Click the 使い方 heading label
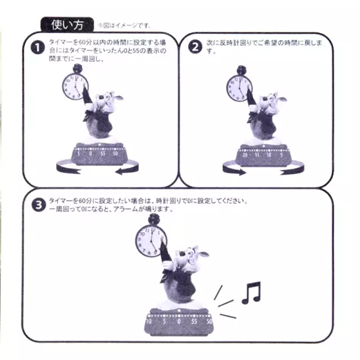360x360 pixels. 66,26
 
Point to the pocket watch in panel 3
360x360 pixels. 149,240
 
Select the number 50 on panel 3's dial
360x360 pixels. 209,321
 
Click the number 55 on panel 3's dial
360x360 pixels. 195,321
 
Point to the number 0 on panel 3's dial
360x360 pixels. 179,321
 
